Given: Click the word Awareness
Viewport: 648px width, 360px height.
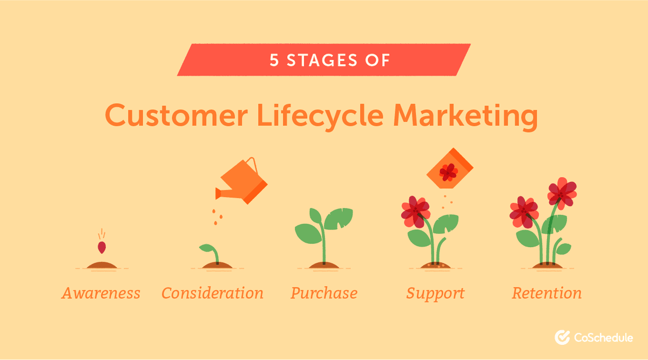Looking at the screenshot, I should pyautogui.click(x=100, y=293).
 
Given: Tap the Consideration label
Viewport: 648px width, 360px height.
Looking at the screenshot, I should pyautogui.click(x=212, y=293).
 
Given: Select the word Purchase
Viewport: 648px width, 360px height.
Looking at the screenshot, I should pyautogui.click(x=324, y=293).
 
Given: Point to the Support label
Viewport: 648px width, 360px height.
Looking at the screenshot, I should pyautogui.click(x=435, y=293).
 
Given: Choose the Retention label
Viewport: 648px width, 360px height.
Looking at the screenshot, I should pyautogui.click(x=546, y=293).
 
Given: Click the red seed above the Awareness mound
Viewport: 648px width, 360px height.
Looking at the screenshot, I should pyautogui.click(x=101, y=247).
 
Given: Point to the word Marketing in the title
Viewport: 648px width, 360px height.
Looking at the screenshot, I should pyautogui.click(x=465, y=116).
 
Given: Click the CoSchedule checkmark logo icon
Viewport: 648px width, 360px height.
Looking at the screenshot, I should pyautogui.click(x=562, y=338).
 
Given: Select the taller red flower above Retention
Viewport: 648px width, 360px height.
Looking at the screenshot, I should pyautogui.click(x=562, y=193).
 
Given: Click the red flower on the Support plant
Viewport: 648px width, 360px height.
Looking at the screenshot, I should pyautogui.click(x=415, y=212).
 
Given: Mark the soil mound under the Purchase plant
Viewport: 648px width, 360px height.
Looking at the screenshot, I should pyautogui.click(x=323, y=265).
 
